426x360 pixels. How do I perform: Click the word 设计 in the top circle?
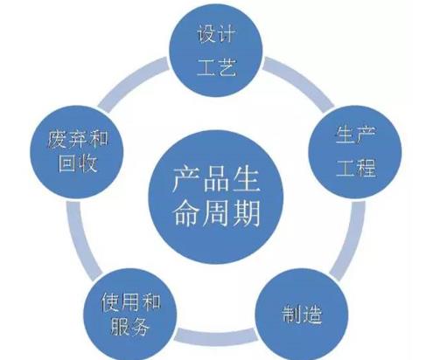[216, 34]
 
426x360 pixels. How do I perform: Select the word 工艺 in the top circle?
[216, 67]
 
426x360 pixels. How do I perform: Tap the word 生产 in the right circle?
[355, 135]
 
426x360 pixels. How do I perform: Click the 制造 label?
[302, 314]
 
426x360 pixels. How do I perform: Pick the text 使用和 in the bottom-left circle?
[130, 302]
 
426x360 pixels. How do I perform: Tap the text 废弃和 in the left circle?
[77, 139]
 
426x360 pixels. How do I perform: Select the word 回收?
[78, 163]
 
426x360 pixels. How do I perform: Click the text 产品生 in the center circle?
[216, 179]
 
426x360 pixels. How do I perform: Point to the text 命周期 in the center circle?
[216, 213]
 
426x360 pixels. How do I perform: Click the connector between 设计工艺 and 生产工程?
[299, 82]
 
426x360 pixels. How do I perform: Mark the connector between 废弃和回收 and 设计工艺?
[133, 82]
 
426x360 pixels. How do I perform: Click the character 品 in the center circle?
[216, 179]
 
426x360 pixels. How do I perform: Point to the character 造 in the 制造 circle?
[312, 314]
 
